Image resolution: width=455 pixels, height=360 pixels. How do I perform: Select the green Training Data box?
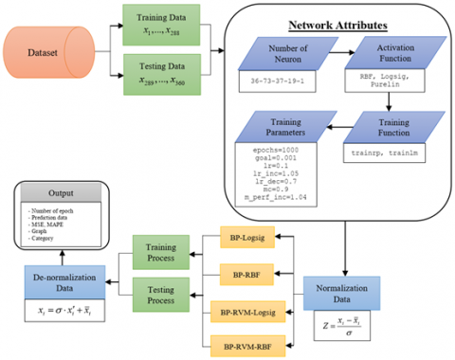tap(157, 26)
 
